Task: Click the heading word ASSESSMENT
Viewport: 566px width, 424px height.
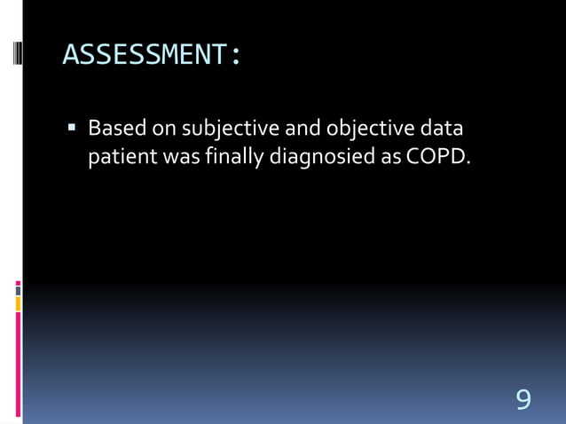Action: tap(145, 55)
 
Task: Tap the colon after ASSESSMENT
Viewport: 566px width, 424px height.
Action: tap(235, 56)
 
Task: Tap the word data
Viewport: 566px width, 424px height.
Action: tap(442, 130)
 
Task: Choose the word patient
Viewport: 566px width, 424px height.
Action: tap(120, 158)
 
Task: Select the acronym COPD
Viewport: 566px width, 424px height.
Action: tap(440, 157)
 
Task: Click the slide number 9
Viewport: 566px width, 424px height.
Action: tap(523, 399)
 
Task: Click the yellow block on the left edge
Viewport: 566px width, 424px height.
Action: tap(18, 303)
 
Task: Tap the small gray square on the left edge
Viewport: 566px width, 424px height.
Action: tap(18, 290)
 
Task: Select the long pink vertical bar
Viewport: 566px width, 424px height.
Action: tap(18, 364)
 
